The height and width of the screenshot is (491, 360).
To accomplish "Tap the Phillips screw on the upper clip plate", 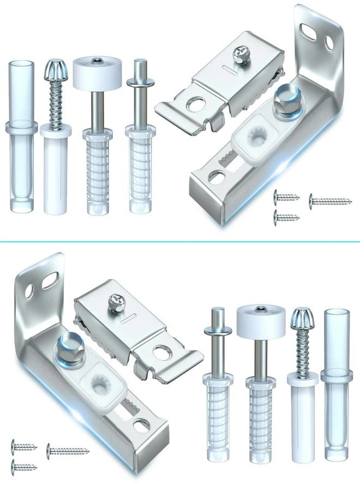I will coord(241,52).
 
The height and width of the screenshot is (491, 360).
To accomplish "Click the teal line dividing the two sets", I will coord(180,239).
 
